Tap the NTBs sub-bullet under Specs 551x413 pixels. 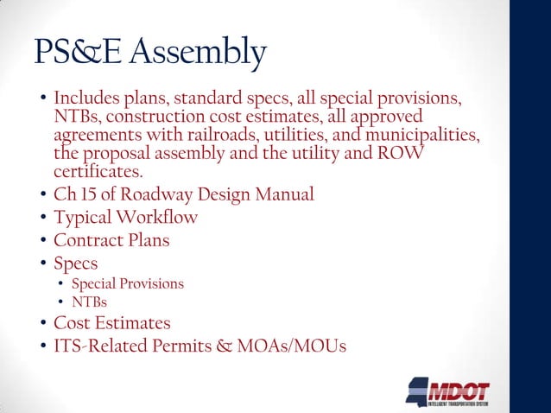(x=85, y=302)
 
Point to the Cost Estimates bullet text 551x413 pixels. (x=112, y=324)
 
